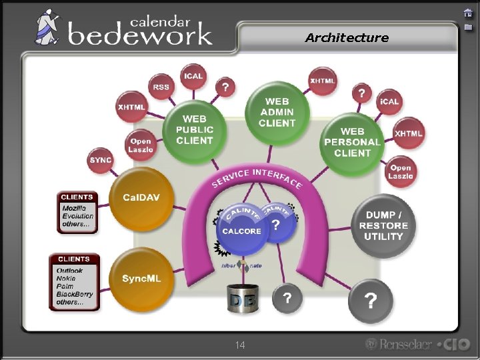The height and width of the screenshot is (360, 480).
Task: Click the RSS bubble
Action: tap(161, 87)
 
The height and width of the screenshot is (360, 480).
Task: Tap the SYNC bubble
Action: tap(101, 160)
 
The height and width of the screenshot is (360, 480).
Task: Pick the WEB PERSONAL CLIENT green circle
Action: tap(352, 142)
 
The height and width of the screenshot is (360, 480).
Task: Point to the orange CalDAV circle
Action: tap(140, 199)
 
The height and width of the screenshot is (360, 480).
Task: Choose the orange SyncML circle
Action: tap(141, 279)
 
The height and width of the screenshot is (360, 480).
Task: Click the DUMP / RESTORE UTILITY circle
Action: tap(383, 225)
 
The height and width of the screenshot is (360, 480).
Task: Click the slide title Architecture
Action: tap(347, 38)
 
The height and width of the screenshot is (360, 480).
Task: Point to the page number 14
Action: tap(240, 345)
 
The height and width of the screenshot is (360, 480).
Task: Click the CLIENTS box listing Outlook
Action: tap(74, 282)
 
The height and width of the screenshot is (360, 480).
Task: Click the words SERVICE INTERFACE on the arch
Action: tap(257, 178)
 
